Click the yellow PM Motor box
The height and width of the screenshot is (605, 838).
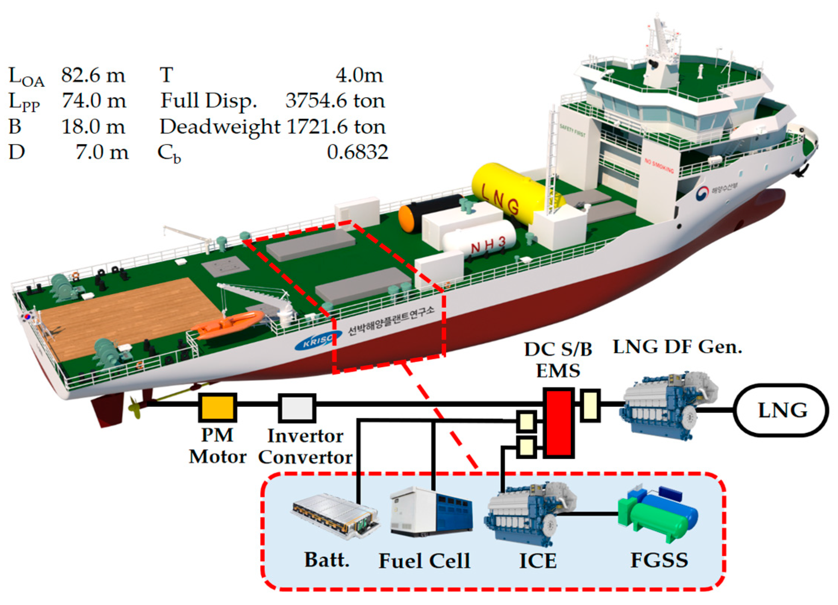217,407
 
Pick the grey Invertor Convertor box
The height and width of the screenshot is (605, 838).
297,407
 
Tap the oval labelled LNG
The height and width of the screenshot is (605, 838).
782,410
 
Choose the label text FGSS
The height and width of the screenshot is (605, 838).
659,560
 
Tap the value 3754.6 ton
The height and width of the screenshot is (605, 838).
335,101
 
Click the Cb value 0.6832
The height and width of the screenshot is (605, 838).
357,152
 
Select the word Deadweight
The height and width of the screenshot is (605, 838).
219,127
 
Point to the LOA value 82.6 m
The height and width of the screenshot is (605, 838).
93,75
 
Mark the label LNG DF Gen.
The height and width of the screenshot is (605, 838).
677,347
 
